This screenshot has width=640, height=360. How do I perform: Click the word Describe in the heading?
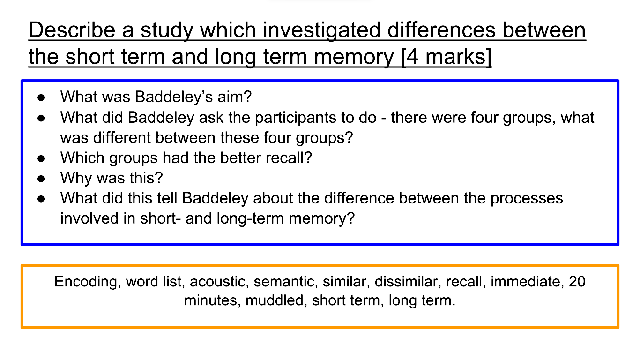coord(72,30)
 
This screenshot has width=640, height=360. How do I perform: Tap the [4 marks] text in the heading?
coord(447,57)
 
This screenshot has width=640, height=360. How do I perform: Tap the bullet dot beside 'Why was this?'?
coord(41,179)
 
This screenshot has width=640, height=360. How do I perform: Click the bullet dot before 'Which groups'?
coord(41,158)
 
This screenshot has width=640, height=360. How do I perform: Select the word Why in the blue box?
coord(76,178)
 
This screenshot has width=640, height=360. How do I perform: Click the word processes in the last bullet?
coord(527,199)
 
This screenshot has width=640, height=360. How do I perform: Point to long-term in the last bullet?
coord(250,218)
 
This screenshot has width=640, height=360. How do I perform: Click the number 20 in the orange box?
coord(577,281)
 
